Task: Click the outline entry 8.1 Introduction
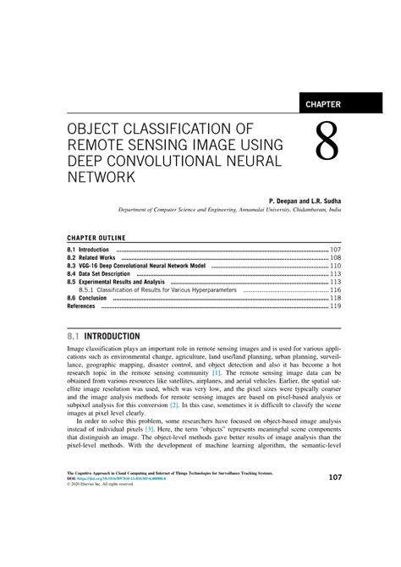(x=88, y=250)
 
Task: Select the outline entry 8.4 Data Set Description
(x=99, y=274)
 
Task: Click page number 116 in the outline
(x=335, y=290)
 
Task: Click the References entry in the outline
(x=81, y=306)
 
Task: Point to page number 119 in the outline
(x=335, y=306)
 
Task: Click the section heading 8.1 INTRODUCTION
(x=105, y=336)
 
